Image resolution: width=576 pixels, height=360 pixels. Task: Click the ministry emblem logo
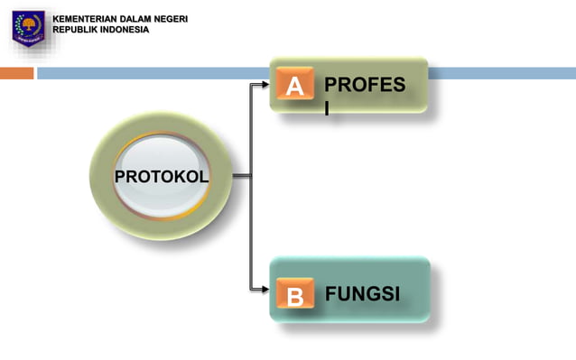pyautogui.click(x=27, y=26)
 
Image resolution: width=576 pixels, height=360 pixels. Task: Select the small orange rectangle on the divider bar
pyautogui.click(x=16, y=73)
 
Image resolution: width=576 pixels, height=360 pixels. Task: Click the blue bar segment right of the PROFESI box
pyautogui.click(x=501, y=73)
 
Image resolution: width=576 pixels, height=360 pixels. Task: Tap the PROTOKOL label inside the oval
pyautogui.click(x=161, y=176)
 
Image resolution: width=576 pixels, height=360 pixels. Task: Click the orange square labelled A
pyautogui.click(x=294, y=87)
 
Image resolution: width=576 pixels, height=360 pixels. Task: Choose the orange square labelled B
pyautogui.click(x=294, y=295)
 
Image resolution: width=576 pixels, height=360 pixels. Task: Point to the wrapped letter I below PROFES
pyautogui.click(x=328, y=107)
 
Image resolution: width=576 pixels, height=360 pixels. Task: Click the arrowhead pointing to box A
pyautogui.click(x=265, y=85)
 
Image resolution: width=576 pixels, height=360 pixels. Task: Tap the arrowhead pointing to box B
pyautogui.click(x=265, y=290)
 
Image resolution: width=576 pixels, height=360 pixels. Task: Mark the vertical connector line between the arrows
pyautogui.click(x=252, y=226)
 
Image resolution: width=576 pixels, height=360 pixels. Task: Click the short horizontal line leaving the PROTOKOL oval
pyautogui.click(x=241, y=175)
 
